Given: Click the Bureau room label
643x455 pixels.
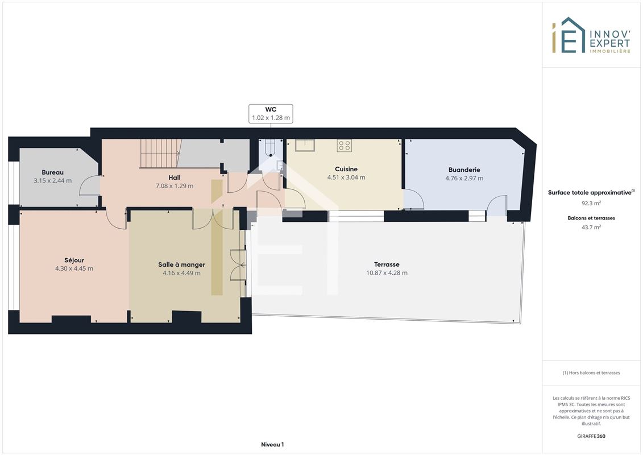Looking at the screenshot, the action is [52, 172].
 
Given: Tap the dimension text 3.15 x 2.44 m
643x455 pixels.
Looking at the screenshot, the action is [52, 180].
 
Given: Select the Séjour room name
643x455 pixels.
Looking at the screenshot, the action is [74, 260].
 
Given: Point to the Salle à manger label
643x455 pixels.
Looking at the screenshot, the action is [182, 264].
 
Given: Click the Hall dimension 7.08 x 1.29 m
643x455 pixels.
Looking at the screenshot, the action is [175, 186].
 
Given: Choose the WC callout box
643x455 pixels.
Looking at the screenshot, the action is [271, 114].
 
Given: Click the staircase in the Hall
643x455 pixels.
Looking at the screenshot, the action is [161, 154].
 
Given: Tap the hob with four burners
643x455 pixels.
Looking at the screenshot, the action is [345, 146].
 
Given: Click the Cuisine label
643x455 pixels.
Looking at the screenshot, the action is [346, 169].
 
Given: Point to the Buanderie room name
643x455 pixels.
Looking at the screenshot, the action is [464, 170].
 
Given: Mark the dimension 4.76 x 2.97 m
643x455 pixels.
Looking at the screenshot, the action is [464, 178].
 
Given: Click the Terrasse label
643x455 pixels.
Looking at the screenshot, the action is [387, 264].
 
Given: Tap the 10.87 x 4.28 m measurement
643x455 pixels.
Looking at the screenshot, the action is [387, 273].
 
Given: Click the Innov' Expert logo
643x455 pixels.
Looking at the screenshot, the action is [591, 35].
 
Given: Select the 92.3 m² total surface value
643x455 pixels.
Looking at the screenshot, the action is [591, 203].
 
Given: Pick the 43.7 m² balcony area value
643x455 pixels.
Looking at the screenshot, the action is [591, 227].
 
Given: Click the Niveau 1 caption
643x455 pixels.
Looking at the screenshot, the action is [272, 444].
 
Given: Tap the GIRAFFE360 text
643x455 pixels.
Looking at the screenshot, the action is [591, 436].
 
